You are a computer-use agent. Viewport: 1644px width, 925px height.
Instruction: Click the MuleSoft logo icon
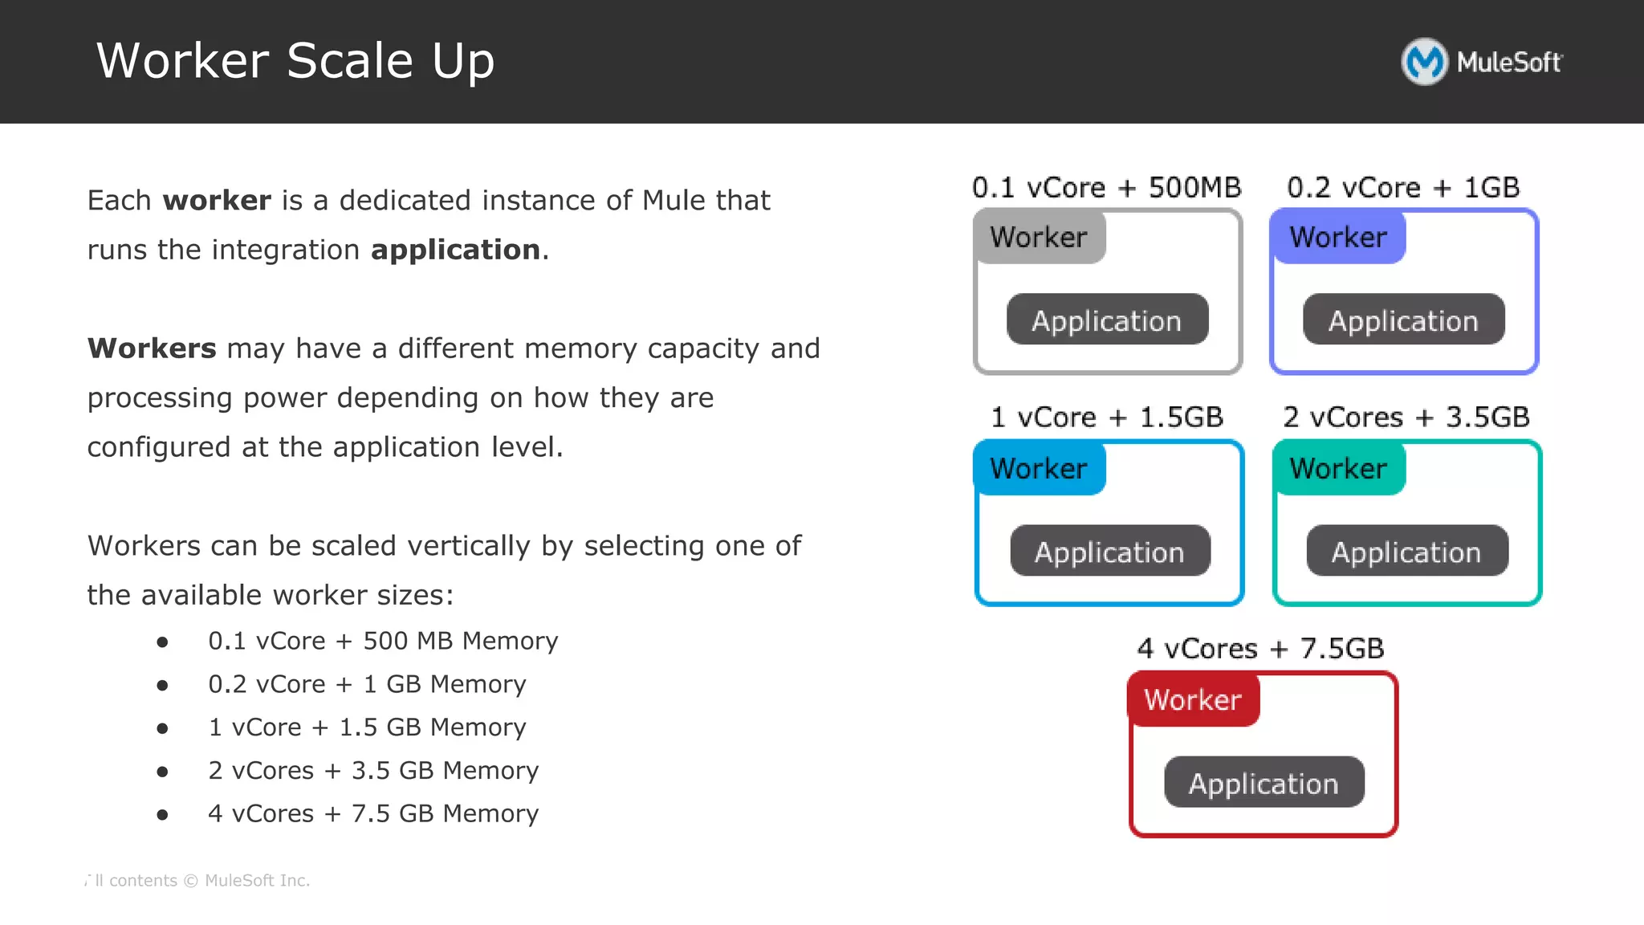click(1424, 62)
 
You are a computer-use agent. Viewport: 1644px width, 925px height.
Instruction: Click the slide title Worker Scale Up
click(295, 61)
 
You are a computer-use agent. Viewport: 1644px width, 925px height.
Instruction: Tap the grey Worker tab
click(1039, 237)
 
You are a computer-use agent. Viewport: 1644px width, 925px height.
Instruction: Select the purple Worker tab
click(1338, 237)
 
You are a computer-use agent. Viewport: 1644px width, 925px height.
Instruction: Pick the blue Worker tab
click(1039, 468)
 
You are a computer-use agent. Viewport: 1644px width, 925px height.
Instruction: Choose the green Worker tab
click(1338, 468)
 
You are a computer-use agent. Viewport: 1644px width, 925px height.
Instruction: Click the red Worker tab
click(1193, 699)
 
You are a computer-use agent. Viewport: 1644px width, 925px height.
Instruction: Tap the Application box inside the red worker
click(1264, 783)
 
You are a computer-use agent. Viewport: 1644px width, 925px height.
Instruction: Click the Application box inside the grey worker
click(1107, 320)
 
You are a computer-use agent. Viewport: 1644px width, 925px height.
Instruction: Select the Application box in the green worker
click(1406, 552)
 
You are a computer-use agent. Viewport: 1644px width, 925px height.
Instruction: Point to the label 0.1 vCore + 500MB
click(1106, 187)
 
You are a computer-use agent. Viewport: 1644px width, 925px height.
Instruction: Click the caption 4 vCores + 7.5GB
click(1260, 648)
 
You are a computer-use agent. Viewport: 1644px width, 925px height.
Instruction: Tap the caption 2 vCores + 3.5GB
click(1406, 418)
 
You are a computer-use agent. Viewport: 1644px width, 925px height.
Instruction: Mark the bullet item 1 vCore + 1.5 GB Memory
click(367, 727)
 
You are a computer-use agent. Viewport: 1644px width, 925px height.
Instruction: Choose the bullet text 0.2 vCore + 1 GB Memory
click(367, 684)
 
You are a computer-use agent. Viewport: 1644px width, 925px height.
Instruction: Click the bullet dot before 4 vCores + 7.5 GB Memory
click(163, 815)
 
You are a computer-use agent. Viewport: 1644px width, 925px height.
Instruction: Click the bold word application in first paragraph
click(455, 251)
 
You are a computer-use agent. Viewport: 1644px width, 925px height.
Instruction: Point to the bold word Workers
click(152, 348)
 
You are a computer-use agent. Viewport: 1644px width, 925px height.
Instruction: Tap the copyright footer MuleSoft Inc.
click(257, 881)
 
